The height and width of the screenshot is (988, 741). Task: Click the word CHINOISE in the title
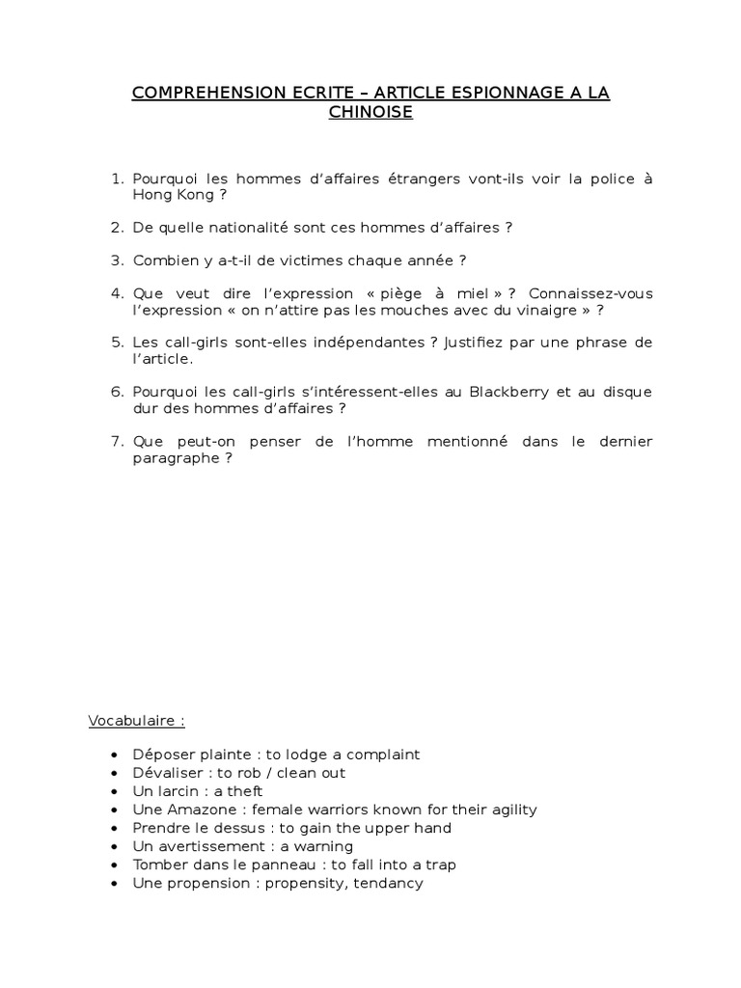(x=370, y=113)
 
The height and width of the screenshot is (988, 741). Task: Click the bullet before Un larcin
(x=116, y=791)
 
